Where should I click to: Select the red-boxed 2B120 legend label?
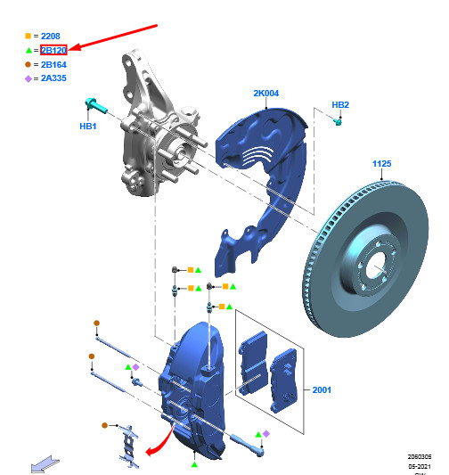point(54,51)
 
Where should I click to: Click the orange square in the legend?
point(29,37)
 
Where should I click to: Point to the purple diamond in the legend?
point(29,79)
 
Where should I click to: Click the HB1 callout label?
point(87,127)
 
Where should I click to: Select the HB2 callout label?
point(340,105)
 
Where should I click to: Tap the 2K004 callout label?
point(265,93)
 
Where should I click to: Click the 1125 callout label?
point(382,164)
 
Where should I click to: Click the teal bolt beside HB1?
point(95,105)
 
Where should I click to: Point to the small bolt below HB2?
point(339,121)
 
